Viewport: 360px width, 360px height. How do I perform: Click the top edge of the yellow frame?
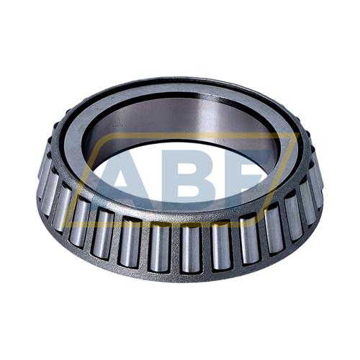click(194, 135)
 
